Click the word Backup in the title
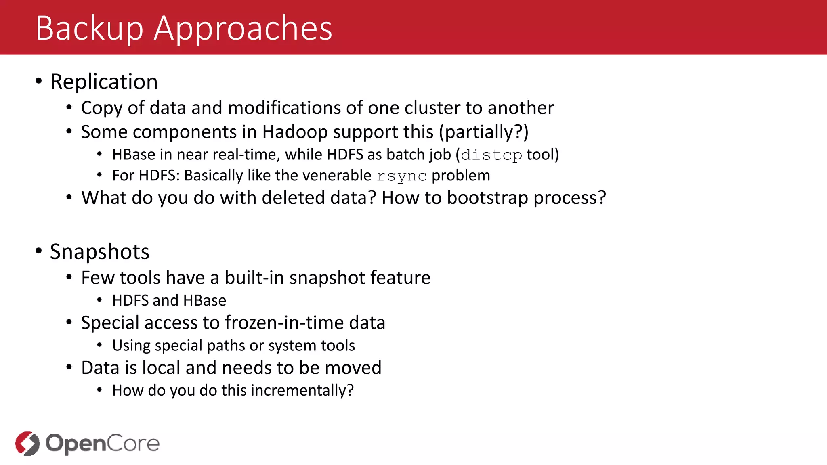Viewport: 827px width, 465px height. pos(89,28)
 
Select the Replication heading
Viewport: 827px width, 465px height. pos(104,82)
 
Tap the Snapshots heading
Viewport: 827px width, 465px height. pos(99,252)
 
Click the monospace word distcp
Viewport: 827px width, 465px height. pos(491,155)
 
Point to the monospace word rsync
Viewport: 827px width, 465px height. pos(401,176)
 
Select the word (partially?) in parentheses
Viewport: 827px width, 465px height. pos(484,132)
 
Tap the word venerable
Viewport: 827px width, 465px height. pos(336,176)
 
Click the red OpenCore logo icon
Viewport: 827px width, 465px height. pos(27,443)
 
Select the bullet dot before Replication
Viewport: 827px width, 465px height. pos(39,81)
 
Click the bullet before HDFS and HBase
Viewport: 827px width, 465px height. pos(99,300)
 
